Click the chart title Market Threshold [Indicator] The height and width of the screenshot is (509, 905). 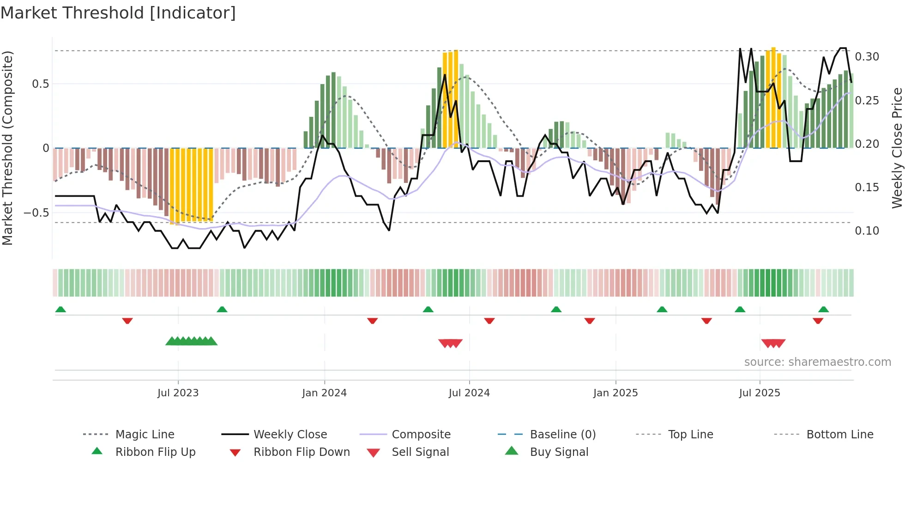118,13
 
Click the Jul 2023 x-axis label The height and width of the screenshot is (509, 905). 178,393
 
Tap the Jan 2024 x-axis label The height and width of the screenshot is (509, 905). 324,393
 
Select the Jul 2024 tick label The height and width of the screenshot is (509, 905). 469,393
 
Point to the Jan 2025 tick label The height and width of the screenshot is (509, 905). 615,393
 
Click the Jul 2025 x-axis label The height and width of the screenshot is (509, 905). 760,393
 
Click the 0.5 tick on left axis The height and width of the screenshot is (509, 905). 40,84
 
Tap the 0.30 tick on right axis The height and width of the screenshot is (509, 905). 867,57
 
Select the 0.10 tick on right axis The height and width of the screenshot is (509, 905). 867,231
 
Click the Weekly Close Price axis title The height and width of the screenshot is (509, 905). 897,148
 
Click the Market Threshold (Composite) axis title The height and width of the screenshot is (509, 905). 7,148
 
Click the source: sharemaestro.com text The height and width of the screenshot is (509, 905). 817,362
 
